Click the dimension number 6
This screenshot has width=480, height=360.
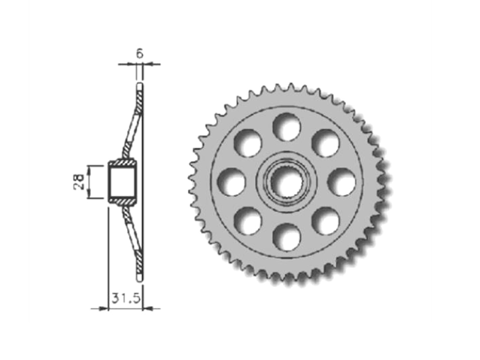(x=140, y=54)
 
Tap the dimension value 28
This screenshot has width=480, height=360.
(x=79, y=182)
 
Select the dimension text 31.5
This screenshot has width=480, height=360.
(x=126, y=298)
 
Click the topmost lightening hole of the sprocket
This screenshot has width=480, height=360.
(x=287, y=127)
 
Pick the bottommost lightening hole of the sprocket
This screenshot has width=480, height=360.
(x=287, y=237)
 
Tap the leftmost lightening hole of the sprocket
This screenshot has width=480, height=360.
(x=232, y=182)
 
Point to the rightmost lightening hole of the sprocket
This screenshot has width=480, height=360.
(x=342, y=182)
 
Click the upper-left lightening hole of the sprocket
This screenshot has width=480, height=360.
(x=248, y=143)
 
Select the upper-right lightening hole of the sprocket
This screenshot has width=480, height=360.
(x=325, y=143)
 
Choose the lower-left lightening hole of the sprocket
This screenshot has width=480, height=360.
(x=248, y=221)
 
